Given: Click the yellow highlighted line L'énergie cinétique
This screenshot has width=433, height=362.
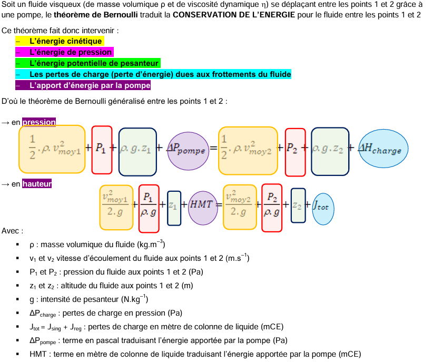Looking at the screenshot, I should tap(66, 41).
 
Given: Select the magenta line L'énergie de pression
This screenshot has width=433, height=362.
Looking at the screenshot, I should tap(71, 52).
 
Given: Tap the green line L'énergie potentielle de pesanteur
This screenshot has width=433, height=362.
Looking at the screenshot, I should tap(94, 63).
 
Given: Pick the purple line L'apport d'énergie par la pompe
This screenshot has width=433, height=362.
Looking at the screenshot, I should tap(90, 85).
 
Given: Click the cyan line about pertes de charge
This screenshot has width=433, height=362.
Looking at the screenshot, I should tap(160, 74).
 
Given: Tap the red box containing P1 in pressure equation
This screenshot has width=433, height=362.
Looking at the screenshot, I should tap(102, 150).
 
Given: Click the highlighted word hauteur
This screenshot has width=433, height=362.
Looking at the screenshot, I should tap(37, 184).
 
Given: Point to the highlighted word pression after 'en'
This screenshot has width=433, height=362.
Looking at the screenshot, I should tap(39, 122).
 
